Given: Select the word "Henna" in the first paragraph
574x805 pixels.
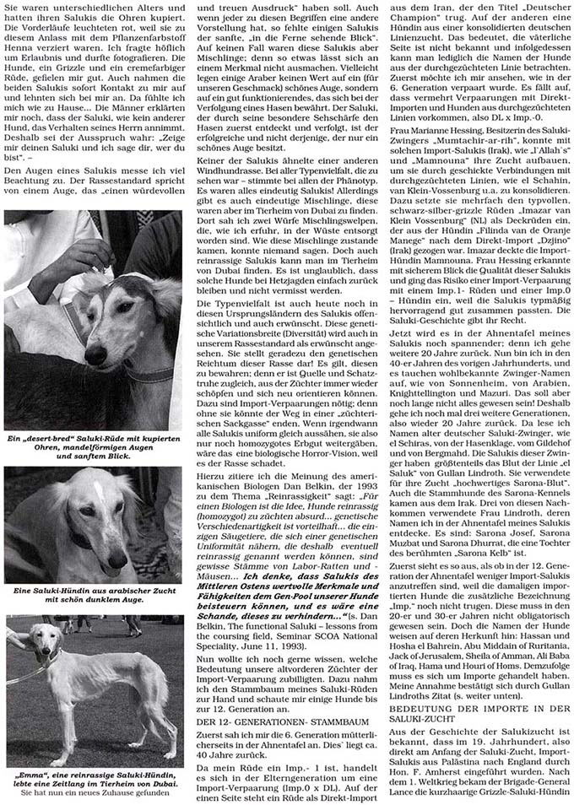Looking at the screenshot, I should tap(23, 49).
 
